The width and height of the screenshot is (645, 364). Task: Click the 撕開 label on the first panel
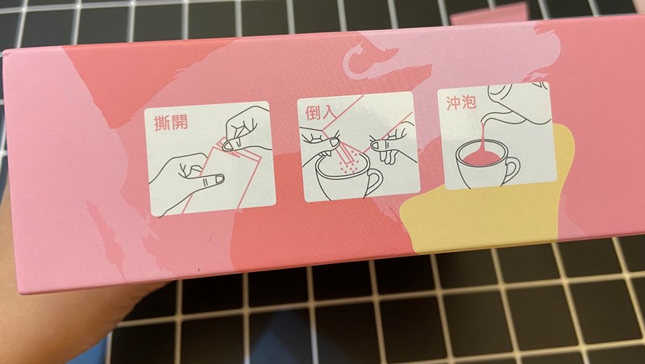pos(171,123)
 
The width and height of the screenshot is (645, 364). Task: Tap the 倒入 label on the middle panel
pos(318,112)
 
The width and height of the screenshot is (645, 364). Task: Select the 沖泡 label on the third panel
pos(461,103)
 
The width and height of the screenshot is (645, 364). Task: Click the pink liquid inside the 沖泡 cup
pos(481,157)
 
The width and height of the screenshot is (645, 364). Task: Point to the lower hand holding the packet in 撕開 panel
pos(188,178)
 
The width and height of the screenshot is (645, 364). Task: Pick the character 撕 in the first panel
pos(162,123)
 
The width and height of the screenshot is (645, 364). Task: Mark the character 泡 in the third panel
pos(469,103)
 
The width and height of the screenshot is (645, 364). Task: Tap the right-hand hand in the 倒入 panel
pos(389,145)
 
